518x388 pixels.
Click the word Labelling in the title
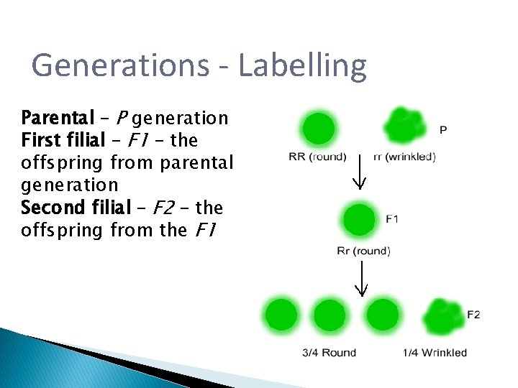tap(301, 65)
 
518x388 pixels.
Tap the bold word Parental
tap(58, 117)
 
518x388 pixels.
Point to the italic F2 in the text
tap(164, 208)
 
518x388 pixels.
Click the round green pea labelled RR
tap(319, 129)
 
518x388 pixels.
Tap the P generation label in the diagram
tap(443, 130)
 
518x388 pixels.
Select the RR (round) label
tap(317, 157)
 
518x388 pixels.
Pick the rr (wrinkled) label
tap(404, 157)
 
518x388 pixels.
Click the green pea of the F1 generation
tap(360, 220)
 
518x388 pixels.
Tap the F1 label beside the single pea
tap(392, 218)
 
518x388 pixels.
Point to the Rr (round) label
tap(363, 251)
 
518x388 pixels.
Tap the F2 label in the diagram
tap(473, 315)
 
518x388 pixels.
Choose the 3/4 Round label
tap(329, 352)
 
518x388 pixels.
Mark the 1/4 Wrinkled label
tap(435, 352)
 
